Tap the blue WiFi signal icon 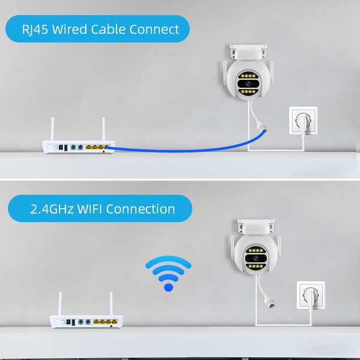click(x=169, y=273)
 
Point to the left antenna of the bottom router click(x=61, y=305)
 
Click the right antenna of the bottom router click(x=112, y=305)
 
